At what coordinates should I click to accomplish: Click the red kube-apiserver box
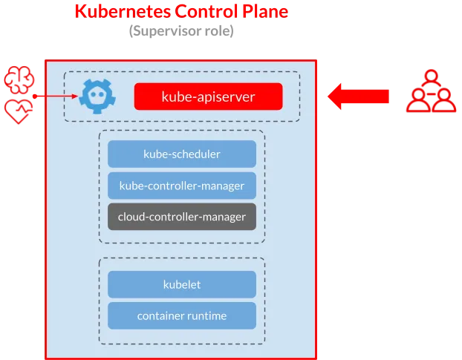(x=208, y=96)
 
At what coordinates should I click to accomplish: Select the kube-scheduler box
(x=182, y=154)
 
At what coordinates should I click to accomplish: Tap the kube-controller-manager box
(x=182, y=185)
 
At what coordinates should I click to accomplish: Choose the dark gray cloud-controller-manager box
(x=182, y=217)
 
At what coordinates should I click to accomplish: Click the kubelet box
(x=182, y=284)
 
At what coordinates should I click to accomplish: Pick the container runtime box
(x=182, y=315)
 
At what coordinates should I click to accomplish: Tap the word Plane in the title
(x=263, y=12)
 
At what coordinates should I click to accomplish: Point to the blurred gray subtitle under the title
(x=182, y=32)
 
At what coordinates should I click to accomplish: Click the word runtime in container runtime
(x=206, y=315)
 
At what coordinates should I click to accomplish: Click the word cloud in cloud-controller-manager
(x=131, y=217)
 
